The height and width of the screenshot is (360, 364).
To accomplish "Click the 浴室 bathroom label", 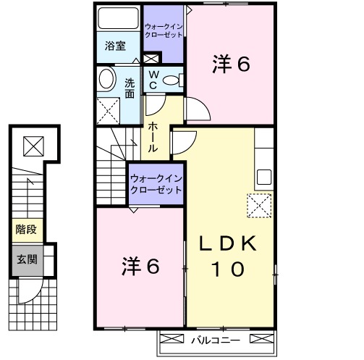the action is [115, 46].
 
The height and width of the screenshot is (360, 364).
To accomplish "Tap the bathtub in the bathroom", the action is [118, 18].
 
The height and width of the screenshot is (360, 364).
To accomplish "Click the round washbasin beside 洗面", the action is [106, 79].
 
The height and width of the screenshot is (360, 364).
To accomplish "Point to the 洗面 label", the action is [130, 88].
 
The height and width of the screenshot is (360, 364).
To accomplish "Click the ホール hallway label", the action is [153, 137].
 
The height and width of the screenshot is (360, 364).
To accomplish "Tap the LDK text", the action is [227, 243].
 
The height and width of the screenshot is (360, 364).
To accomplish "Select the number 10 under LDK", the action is [228, 269].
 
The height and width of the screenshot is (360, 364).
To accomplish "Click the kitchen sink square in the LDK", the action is [264, 177].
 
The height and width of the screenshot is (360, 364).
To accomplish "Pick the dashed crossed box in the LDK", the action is [259, 206].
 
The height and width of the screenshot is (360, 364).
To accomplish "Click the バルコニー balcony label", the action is [216, 340].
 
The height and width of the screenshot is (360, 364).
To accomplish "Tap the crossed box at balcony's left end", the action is [172, 338].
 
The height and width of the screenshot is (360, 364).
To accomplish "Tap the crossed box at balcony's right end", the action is [262, 338].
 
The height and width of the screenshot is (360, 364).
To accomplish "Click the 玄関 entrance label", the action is [27, 260].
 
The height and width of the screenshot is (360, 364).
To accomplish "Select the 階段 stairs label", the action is [26, 230].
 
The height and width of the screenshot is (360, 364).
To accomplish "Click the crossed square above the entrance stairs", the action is [33, 146].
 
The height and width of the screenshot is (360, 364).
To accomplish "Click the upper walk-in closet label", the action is [164, 30].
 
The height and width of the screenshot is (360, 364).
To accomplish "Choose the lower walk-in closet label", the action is [156, 185].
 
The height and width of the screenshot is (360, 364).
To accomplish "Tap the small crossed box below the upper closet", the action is [151, 59].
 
